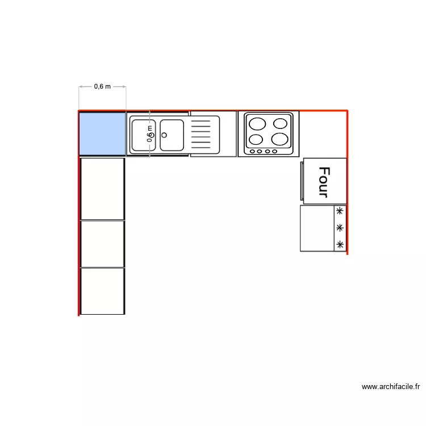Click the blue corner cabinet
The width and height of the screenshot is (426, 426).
[102, 133]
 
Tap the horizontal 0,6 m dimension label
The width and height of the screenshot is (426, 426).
[102, 86]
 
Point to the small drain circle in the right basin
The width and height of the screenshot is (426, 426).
[164, 135]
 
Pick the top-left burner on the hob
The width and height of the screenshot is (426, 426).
[257, 124]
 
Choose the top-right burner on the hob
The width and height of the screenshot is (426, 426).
[280, 124]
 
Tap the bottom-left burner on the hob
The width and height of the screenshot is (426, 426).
[256, 139]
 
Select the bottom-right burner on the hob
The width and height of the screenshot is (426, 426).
[280, 139]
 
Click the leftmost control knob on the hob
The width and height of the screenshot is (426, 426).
[252, 151]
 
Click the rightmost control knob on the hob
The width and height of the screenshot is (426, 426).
[275, 151]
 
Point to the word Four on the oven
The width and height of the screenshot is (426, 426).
[324, 181]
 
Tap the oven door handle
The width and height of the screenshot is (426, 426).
[302, 181]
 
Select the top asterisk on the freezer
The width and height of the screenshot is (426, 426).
[340, 211]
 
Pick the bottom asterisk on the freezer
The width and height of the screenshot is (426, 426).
[340, 245]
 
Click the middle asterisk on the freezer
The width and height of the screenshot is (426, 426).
[340, 228]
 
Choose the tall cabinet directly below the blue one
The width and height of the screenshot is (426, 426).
[102, 189]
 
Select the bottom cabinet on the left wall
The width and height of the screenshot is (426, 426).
[102, 291]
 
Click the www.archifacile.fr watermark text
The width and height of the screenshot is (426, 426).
[391, 387]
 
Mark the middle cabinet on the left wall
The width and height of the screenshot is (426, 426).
[102, 244]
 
